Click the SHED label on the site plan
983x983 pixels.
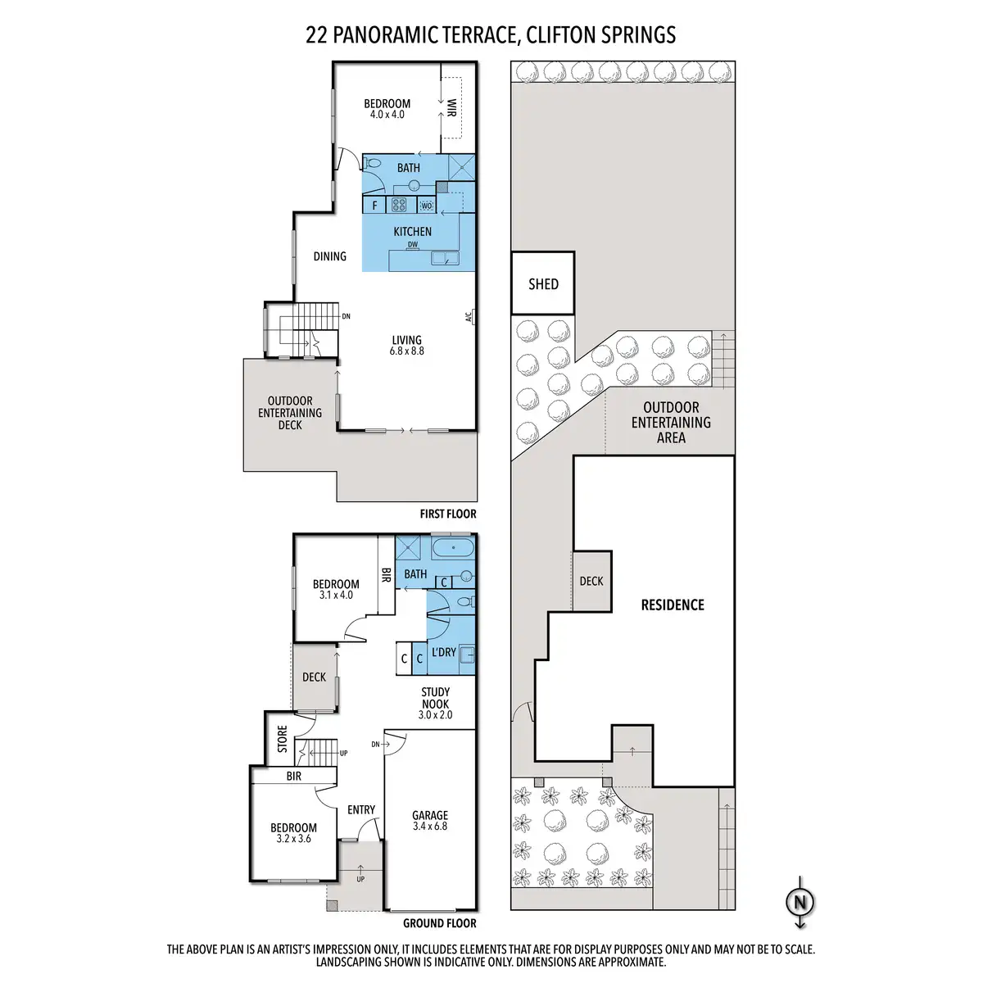pyautogui.click(x=543, y=284)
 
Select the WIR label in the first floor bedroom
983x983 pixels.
pyautogui.click(x=451, y=108)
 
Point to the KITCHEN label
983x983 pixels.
pyautogui.click(x=412, y=232)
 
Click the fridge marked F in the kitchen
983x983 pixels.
pyautogui.click(x=375, y=206)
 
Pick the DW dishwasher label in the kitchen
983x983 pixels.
pyautogui.click(x=413, y=244)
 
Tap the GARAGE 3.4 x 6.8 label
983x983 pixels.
pyautogui.click(x=430, y=820)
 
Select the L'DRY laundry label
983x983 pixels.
pyautogui.click(x=443, y=652)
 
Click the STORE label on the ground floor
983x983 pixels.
pyautogui.click(x=283, y=739)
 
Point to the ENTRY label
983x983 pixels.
pyautogui.click(x=361, y=810)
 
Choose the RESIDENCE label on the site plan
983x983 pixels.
pyautogui.click(x=673, y=605)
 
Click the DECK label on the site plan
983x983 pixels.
pyautogui.click(x=591, y=581)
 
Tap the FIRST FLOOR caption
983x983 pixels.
pyautogui.click(x=447, y=514)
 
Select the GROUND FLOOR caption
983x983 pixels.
pyautogui.click(x=439, y=923)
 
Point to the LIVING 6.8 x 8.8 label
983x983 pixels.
pyautogui.click(x=407, y=345)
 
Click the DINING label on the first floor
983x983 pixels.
pyautogui.click(x=330, y=256)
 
